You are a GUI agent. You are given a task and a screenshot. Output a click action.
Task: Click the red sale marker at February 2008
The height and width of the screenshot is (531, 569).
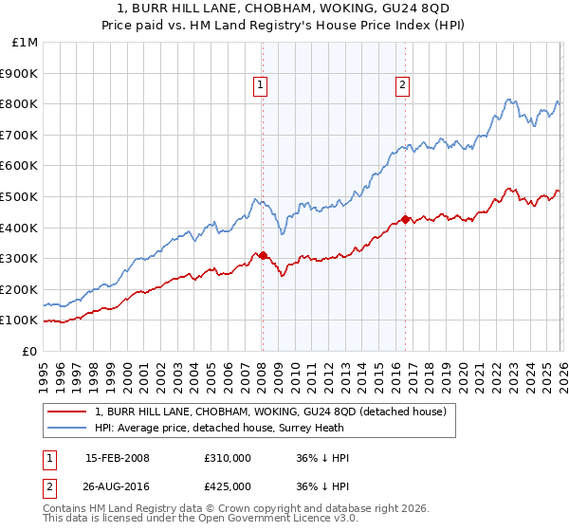(x=263, y=255)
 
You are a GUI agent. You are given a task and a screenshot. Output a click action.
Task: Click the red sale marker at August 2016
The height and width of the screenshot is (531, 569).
(x=405, y=219)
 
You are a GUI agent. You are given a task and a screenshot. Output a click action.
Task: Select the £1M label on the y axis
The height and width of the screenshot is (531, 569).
(x=26, y=43)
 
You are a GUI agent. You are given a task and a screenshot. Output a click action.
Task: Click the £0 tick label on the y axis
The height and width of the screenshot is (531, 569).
(x=30, y=351)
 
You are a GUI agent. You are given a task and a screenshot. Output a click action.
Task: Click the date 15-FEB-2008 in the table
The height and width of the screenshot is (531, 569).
(x=118, y=458)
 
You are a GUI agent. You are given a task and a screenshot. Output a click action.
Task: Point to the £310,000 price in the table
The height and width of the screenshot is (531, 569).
(x=227, y=458)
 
